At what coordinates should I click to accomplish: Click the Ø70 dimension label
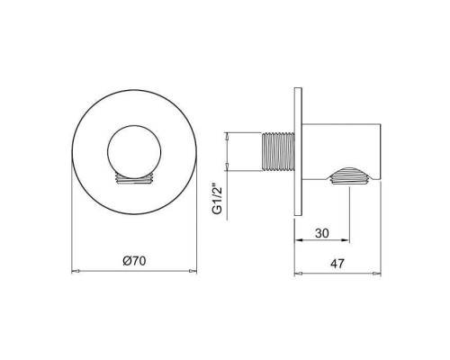(x=134, y=261)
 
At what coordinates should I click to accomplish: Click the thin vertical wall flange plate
(x=298, y=152)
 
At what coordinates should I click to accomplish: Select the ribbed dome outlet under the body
(x=353, y=176)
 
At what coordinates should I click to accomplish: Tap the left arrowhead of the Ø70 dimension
(x=75, y=270)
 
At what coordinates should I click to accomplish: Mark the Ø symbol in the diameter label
(x=124, y=261)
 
